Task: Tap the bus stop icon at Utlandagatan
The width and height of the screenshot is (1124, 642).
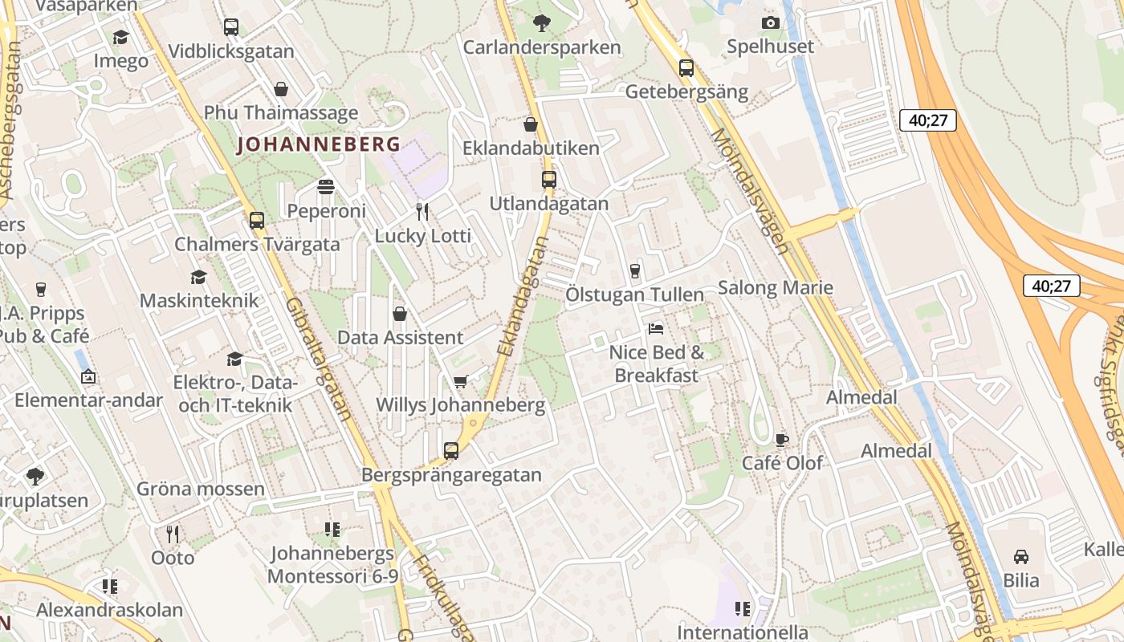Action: click(x=549, y=180)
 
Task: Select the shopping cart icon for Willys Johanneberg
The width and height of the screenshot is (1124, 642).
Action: click(x=460, y=382)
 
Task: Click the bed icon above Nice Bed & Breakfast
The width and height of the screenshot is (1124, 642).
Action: click(x=656, y=329)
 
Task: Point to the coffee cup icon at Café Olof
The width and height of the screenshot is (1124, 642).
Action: click(x=782, y=440)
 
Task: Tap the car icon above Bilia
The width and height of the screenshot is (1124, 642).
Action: click(x=1020, y=556)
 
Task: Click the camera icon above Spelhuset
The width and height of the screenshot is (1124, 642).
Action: click(x=771, y=22)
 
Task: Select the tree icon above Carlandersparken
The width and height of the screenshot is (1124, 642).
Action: click(x=542, y=23)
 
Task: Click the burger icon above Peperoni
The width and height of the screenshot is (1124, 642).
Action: click(x=326, y=187)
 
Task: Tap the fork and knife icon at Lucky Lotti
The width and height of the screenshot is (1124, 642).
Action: click(x=422, y=212)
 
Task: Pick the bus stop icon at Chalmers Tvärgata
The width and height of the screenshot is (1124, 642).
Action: click(x=257, y=220)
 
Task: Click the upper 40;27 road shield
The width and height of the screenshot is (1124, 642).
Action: click(x=928, y=121)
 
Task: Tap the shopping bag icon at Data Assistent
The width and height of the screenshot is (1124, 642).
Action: click(x=400, y=314)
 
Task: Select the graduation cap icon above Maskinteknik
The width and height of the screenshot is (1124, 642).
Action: click(x=198, y=277)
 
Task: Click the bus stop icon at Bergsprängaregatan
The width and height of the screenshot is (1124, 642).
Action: click(x=451, y=451)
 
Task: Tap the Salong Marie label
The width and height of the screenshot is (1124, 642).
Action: click(x=775, y=287)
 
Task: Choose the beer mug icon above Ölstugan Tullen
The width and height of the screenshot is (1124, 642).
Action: click(x=635, y=270)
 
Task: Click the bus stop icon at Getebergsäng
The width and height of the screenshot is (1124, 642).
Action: click(x=686, y=68)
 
